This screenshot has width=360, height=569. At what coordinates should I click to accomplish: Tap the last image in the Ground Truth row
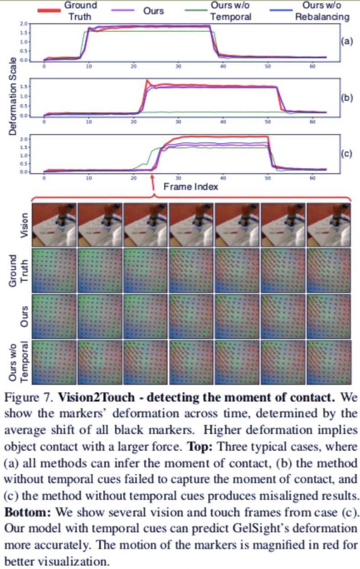(329, 271)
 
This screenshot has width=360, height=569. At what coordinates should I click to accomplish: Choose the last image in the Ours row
(329, 316)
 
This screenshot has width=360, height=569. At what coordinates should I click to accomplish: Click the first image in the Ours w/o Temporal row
(54, 361)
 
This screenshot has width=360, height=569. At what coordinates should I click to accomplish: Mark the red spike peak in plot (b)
(147, 81)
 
